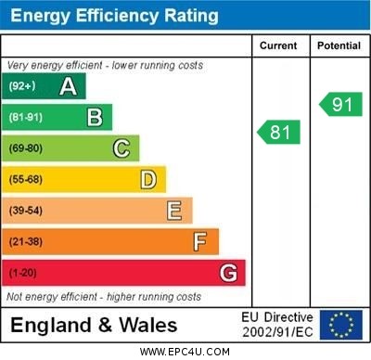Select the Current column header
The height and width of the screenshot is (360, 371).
click(278, 45)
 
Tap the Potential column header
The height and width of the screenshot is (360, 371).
click(338, 45)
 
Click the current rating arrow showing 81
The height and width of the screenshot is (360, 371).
click(279, 133)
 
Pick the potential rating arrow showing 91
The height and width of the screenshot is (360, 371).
click(340, 104)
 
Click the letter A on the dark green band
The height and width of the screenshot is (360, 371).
click(68, 86)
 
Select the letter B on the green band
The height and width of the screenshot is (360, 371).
click(95, 117)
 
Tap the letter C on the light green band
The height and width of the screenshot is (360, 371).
click(122, 148)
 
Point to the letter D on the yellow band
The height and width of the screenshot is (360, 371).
click(147, 179)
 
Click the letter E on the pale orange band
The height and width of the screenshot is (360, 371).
click(173, 211)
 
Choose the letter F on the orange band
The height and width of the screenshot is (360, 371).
click(199, 241)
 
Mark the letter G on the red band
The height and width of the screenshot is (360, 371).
click(227, 273)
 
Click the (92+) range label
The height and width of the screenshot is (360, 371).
click(22, 86)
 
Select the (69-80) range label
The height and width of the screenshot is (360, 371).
click(26, 148)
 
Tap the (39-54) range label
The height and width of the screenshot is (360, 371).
click(26, 211)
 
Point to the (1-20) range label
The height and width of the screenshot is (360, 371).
click(22, 273)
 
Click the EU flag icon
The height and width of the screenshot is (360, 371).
click(340, 325)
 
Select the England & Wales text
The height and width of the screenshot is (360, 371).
click(94, 326)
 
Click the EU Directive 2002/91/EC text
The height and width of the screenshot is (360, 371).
click(277, 325)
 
